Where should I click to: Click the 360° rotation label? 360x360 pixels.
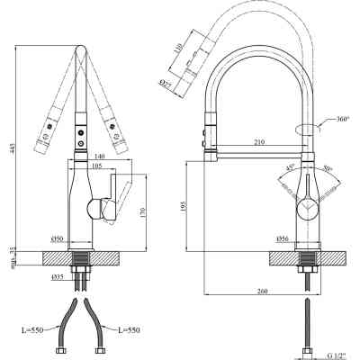coord(341,120)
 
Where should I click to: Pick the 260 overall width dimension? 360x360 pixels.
coord(262,291)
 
